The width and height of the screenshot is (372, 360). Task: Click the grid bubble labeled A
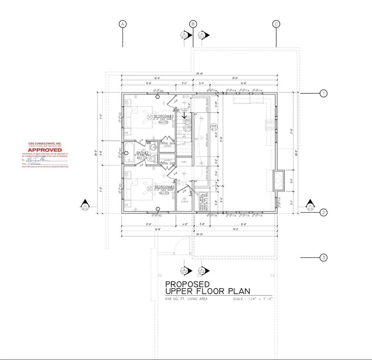point(123,24)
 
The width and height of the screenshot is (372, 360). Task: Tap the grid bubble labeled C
point(276,24)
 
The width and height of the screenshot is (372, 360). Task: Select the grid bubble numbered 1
point(324,94)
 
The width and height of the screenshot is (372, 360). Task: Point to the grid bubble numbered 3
point(324,258)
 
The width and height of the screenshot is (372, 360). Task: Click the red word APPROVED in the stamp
point(45,150)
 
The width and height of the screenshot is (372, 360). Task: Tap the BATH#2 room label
point(142,153)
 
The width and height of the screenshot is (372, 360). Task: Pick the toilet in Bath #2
point(151,158)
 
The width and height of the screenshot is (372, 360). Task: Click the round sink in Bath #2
point(154,147)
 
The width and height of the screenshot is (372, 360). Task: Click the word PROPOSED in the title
point(187,284)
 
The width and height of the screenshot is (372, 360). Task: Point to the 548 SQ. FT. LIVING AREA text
point(186,298)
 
